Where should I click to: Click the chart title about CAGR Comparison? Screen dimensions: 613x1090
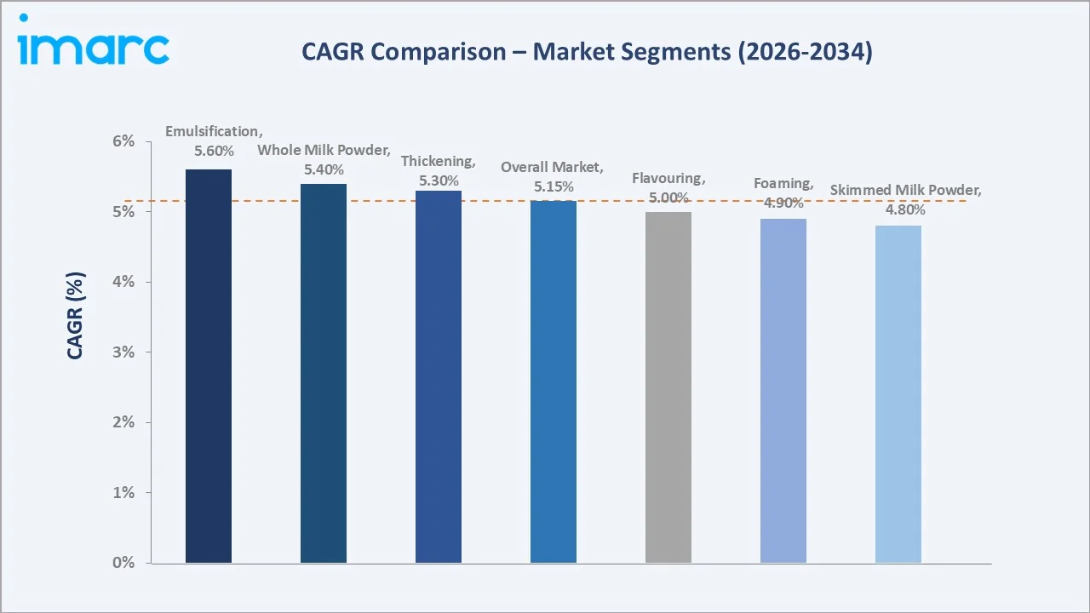[587, 52]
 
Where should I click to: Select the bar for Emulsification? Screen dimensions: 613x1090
[209, 366]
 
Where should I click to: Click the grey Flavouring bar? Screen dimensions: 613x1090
[668, 387]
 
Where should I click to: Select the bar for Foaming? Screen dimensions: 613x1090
[783, 391]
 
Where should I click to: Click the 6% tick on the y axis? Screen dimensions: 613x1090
[123, 141]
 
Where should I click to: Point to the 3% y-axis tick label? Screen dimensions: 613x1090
[123, 352]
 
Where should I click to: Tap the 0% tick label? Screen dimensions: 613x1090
[123, 563]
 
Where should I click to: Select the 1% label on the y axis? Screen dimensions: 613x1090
[123, 493]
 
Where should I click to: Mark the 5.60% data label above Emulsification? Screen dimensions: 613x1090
[212, 150]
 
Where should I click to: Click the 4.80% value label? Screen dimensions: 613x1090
[905, 209]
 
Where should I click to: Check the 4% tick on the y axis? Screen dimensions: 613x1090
[123, 282]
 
